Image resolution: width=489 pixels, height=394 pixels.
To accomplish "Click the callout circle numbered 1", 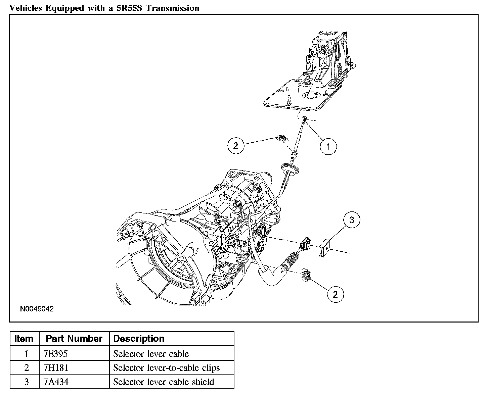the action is click(328, 146).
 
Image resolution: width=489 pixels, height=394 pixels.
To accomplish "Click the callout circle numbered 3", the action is click(352, 220).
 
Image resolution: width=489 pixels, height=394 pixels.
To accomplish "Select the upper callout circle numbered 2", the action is click(236, 146).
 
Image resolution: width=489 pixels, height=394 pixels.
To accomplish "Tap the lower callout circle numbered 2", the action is click(335, 295).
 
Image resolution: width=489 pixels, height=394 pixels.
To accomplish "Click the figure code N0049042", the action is click(37, 309).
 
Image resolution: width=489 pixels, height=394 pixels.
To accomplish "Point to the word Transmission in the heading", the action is click(173, 8).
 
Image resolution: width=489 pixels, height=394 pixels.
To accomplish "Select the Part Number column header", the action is click(74, 339).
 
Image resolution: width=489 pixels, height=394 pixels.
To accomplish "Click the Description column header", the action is click(139, 339).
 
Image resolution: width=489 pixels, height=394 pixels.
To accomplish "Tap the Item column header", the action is click(24, 339).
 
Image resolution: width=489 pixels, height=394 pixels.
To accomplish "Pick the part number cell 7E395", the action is click(55, 354).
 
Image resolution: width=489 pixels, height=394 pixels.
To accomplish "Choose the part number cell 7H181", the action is click(56, 368).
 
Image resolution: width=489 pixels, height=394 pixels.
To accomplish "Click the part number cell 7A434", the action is click(56, 382).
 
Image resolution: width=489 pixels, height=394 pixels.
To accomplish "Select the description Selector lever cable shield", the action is click(164, 382).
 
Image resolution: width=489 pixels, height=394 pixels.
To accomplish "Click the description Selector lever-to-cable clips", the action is click(167, 368).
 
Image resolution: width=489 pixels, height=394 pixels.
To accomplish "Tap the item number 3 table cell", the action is click(26, 382).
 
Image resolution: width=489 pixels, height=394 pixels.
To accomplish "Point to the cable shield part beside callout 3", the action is click(325, 248).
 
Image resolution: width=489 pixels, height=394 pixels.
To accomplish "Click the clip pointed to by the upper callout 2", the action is click(281, 138).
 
